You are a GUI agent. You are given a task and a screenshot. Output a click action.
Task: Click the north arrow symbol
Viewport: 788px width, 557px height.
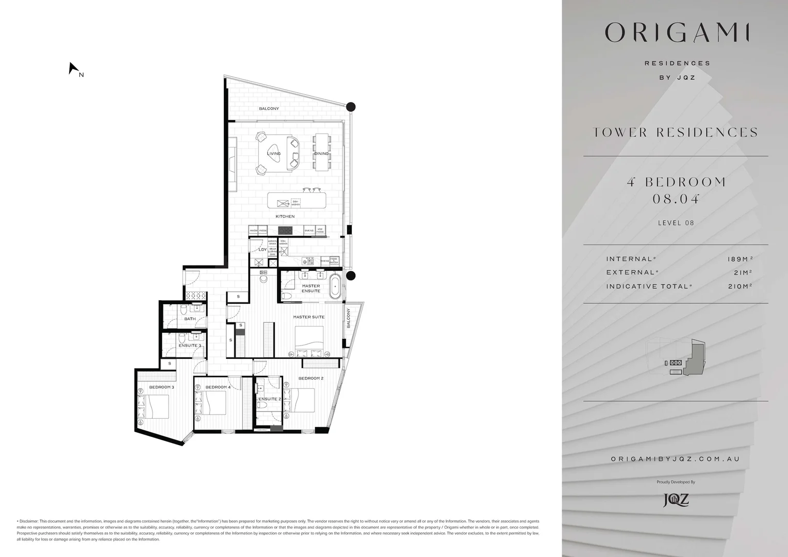pyautogui.click(x=73, y=68)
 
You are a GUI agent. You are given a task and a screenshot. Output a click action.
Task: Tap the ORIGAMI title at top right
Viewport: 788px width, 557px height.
pyautogui.click(x=677, y=32)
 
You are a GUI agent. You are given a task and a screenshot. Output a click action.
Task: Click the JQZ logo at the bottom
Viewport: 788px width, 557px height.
pyautogui.click(x=676, y=500)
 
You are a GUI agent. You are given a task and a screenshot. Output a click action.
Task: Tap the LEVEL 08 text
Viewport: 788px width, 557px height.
pyautogui.click(x=676, y=223)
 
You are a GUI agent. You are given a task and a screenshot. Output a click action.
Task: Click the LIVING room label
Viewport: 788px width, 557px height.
pyautogui.click(x=274, y=154)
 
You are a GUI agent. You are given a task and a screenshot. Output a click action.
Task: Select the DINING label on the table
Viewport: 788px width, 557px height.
pyautogui.click(x=321, y=154)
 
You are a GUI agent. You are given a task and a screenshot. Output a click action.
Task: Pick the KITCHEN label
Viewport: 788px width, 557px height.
pyautogui.click(x=285, y=217)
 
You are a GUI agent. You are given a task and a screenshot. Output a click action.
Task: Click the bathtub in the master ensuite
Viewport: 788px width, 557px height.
pyautogui.click(x=335, y=287)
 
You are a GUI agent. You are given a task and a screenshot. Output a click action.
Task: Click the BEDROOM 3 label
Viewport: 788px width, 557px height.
pyautogui.click(x=161, y=387)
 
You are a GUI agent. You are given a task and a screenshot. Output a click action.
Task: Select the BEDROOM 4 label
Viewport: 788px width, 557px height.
pyautogui.click(x=218, y=387)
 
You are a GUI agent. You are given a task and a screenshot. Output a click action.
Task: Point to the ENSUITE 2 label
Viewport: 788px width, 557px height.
pyautogui.click(x=270, y=399)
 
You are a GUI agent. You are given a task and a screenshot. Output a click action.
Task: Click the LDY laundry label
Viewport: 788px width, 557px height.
pyautogui.click(x=262, y=250)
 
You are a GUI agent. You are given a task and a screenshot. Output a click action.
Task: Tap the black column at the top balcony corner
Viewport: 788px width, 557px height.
pyautogui.click(x=351, y=107)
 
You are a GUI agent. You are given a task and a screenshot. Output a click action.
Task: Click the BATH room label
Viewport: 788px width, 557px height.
pyautogui.click(x=190, y=319)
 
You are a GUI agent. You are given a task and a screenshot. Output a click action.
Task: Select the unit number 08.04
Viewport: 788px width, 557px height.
pyautogui.click(x=676, y=199)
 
